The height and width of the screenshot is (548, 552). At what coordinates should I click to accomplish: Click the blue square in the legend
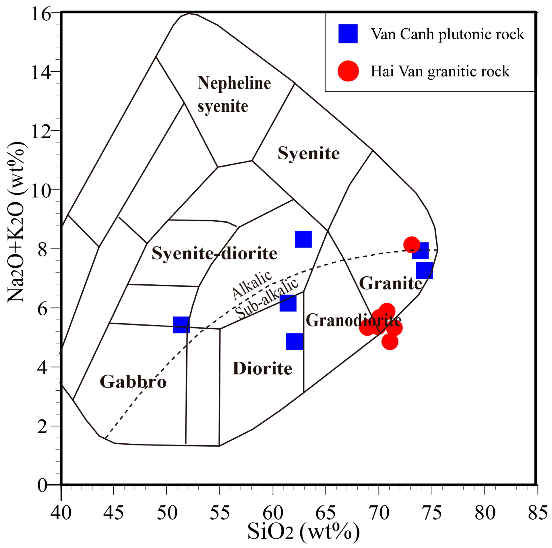click(348, 34)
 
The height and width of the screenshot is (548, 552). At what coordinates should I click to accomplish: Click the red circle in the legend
click(348, 71)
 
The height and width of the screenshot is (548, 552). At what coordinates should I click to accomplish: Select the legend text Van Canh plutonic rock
click(447, 34)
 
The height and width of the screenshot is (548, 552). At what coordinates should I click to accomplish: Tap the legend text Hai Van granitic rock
click(440, 71)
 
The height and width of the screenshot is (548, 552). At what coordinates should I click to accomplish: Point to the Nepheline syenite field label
click(234, 95)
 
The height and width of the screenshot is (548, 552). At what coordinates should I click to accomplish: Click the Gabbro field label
click(133, 382)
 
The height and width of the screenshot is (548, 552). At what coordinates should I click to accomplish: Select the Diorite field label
click(262, 369)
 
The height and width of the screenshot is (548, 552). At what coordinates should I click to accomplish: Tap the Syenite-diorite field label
click(214, 253)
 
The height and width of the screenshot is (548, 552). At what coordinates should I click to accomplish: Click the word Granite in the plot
click(390, 283)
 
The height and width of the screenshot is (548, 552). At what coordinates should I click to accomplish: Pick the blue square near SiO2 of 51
click(181, 325)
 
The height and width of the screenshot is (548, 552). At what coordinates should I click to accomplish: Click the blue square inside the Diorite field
click(294, 341)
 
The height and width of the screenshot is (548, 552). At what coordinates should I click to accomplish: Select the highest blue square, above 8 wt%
click(303, 239)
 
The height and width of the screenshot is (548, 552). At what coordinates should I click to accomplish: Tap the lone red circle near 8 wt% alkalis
click(411, 244)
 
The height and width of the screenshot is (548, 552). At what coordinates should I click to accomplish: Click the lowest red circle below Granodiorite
click(390, 342)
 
